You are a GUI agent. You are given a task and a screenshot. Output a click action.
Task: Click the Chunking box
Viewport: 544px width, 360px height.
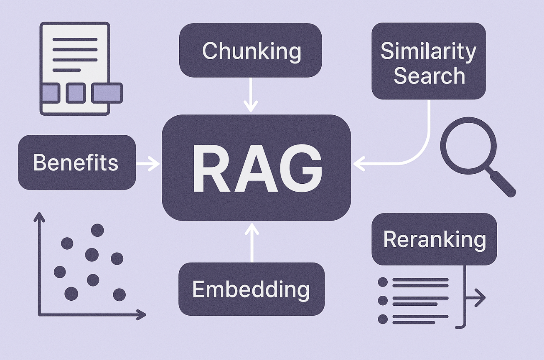(251, 51)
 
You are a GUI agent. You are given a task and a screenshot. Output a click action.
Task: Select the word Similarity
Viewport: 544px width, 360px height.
(428, 51)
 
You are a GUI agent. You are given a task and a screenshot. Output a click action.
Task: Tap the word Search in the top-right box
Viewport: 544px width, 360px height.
(429, 76)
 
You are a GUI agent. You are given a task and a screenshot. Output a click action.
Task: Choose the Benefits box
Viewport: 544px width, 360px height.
(76, 162)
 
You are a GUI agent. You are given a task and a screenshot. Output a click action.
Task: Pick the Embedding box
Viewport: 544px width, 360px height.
(251, 289)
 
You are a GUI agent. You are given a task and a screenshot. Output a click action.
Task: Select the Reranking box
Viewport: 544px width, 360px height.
(434, 239)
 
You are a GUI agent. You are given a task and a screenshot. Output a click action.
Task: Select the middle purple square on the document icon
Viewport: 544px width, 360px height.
(76, 93)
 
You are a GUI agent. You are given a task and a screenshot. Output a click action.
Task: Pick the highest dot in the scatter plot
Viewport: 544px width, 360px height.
(97, 230)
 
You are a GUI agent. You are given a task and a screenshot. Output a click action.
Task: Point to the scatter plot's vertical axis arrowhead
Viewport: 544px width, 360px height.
(39, 216)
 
